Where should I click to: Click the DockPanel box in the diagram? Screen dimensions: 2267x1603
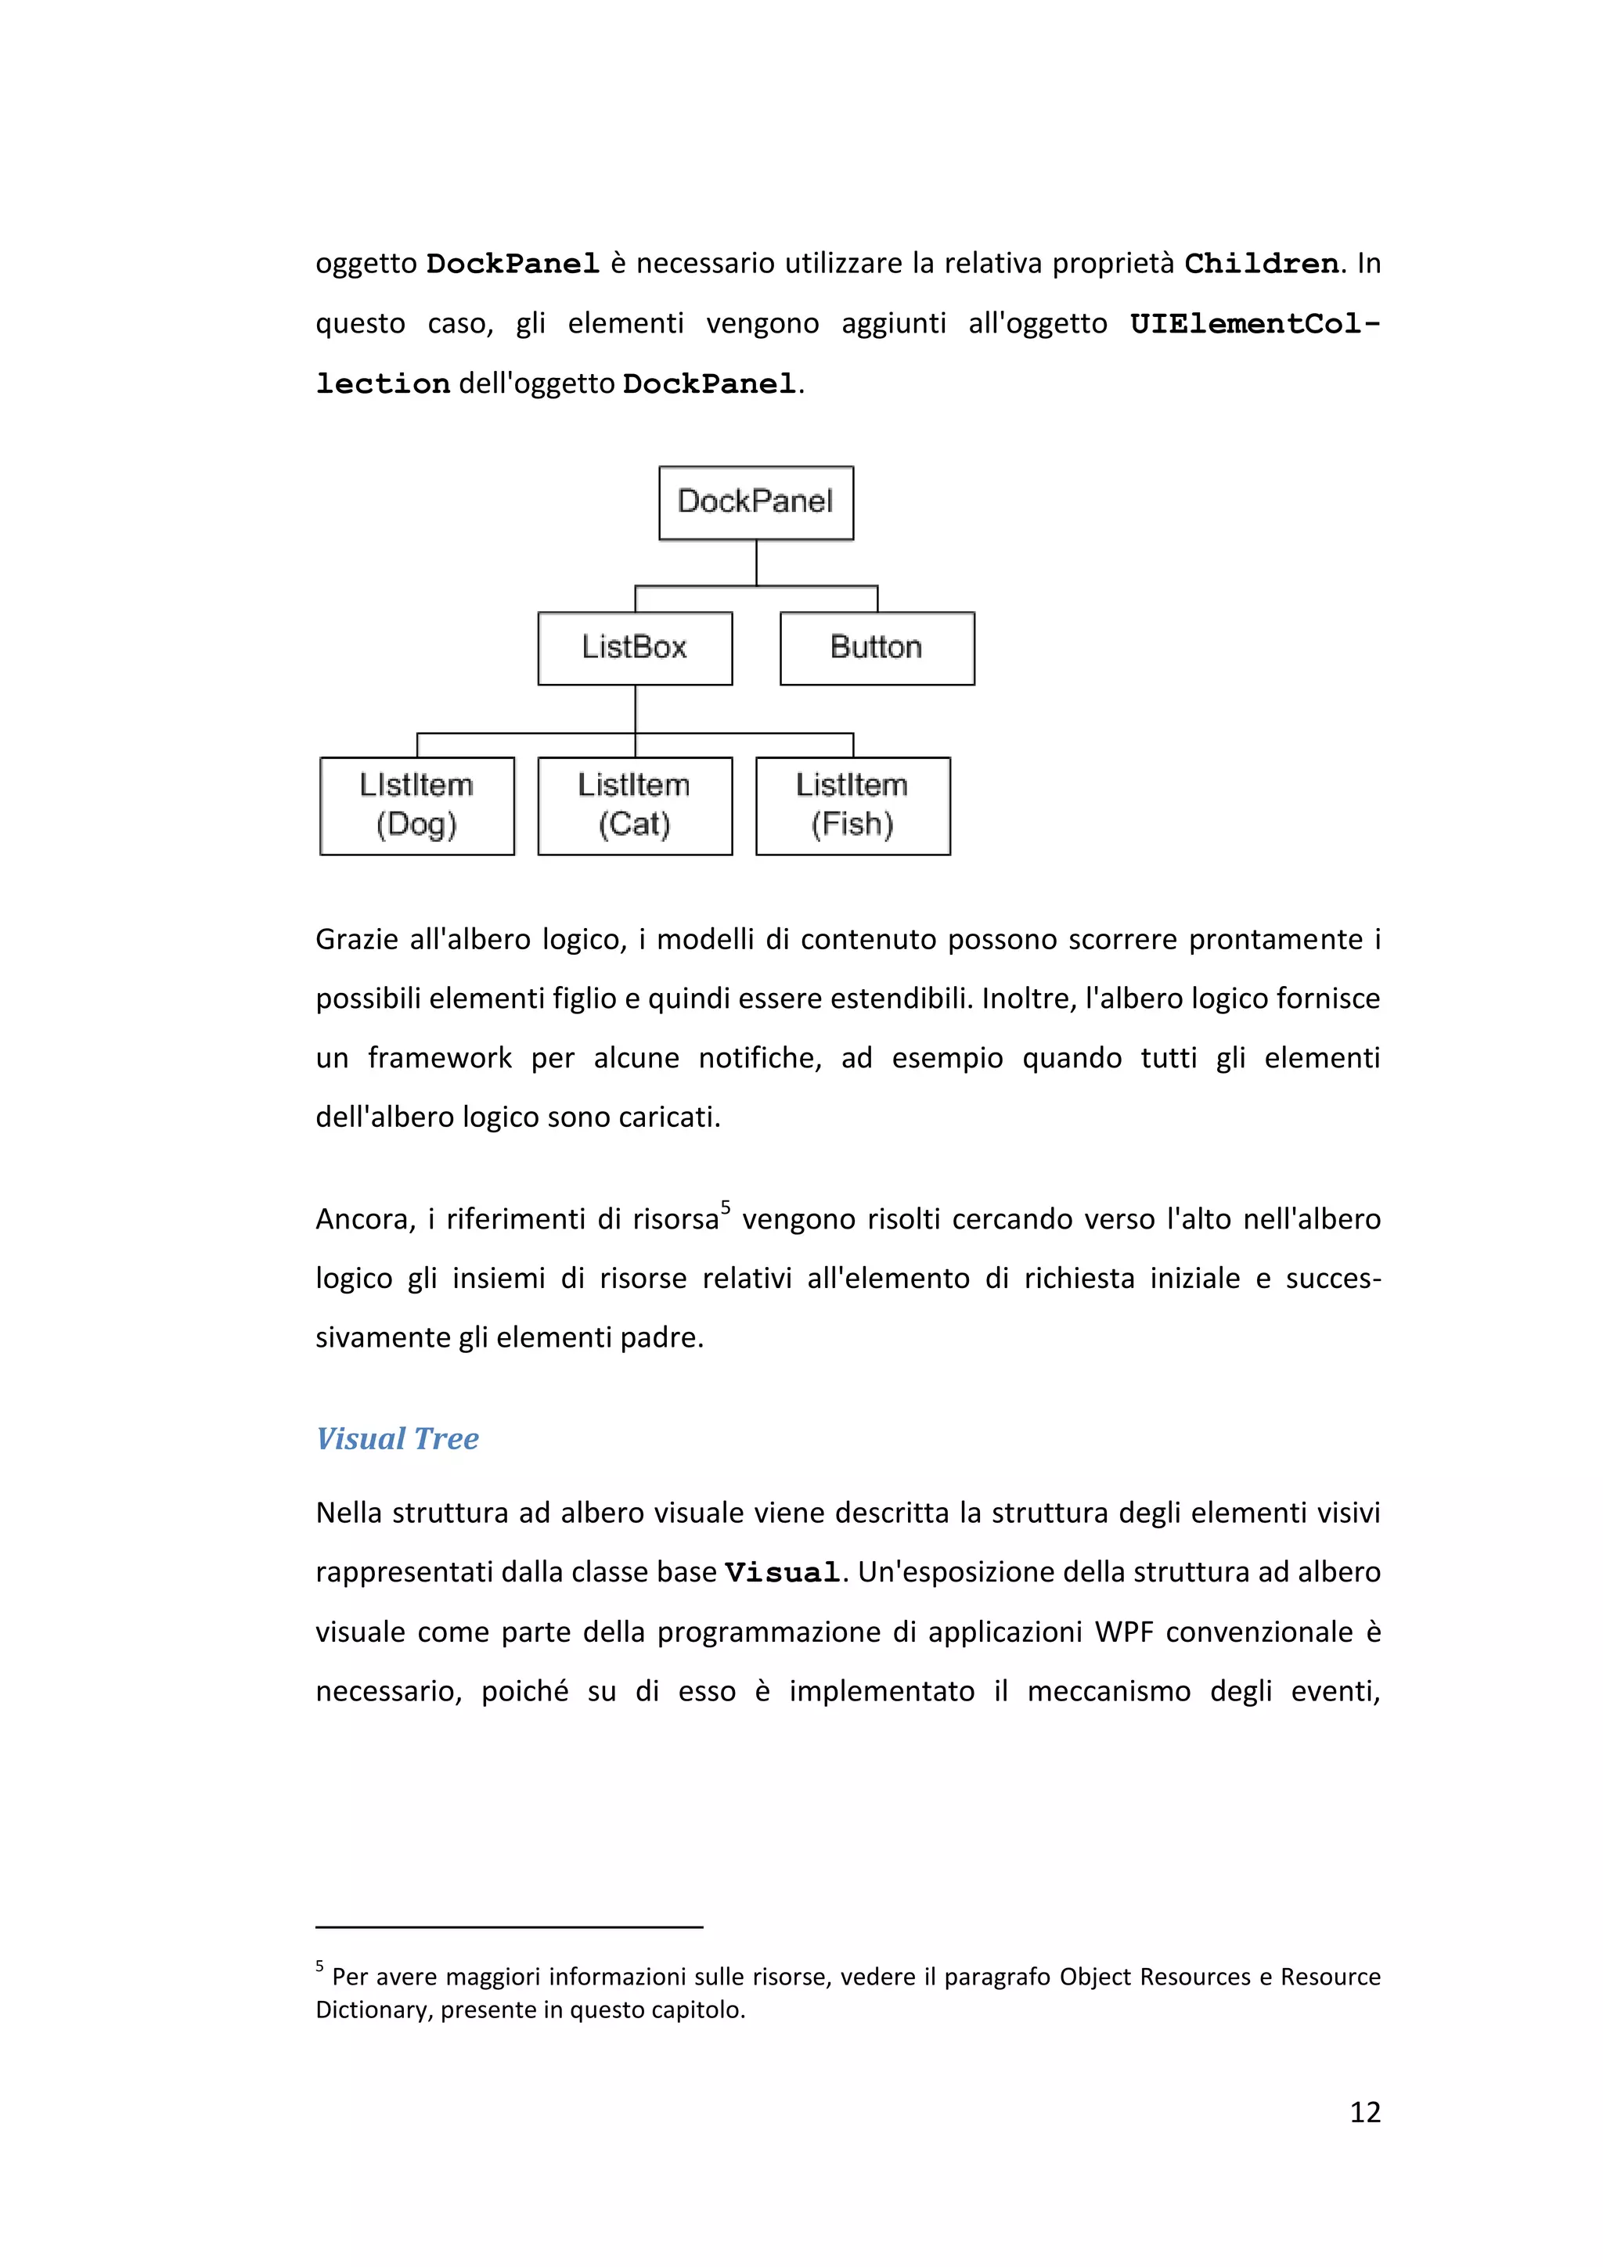(755, 502)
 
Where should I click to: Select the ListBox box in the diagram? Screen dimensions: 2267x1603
(634, 648)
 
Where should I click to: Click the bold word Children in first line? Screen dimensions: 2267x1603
(1261, 264)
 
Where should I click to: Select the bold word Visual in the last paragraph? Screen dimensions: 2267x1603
(781, 1573)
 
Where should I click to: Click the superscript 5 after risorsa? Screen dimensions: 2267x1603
(725, 1207)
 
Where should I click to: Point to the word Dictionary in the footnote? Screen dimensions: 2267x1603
(373, 2010)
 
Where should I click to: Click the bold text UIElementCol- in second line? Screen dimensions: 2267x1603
(1255, 325)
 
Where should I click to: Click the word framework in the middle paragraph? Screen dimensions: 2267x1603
(440, 1059)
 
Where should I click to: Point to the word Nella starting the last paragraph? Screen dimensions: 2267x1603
(348, 1513)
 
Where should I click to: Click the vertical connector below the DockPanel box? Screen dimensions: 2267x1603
(757, 563)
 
